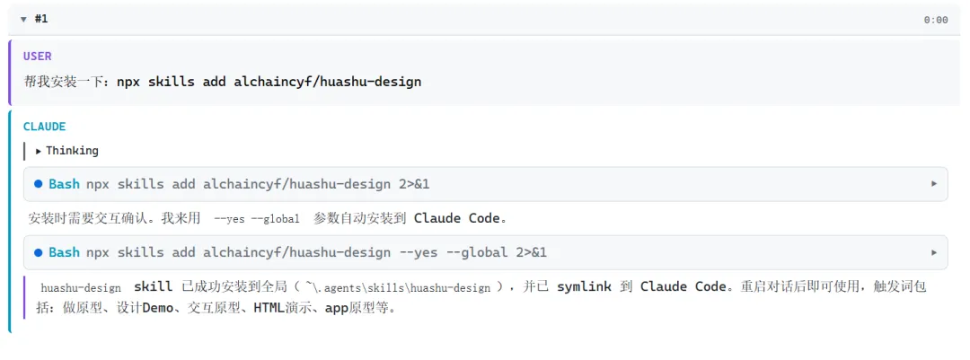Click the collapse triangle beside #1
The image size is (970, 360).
click(x=23, y=19)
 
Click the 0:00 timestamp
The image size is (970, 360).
click(x=935, y=20)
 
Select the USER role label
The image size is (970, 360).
click(x=38, y=56)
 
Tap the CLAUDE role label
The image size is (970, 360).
click(x=44, y=127)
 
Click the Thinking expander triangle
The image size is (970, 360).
click(x=39, y=151)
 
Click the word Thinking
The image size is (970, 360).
click(x=72, y=151)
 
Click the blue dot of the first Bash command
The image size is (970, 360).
click(x=38, y=184)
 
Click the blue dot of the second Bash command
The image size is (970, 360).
click(x=38, y=252)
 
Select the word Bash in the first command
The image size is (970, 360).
click(x=64, y=184)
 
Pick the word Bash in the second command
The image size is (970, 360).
click(x=64, y=252)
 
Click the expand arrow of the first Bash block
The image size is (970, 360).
click(x=934, y=184)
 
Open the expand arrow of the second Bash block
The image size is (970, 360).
click(x=934, y=252)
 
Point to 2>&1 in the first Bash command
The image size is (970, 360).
click(x=414, y=184)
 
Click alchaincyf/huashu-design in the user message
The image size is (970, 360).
click(x=327, y=82)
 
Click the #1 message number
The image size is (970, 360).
click(x=40, y=19)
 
